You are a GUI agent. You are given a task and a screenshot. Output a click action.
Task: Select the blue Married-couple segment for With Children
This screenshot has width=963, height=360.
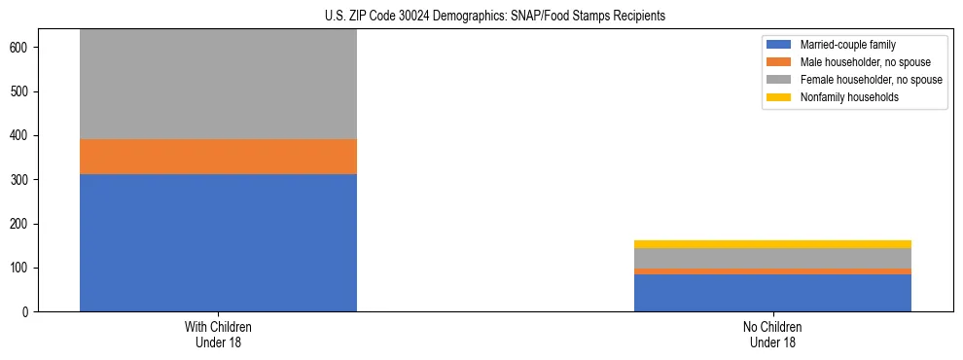218,242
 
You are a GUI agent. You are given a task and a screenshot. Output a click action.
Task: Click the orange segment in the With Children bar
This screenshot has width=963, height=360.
218,157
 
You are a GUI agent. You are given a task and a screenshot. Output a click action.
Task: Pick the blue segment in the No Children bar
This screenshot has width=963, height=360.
772,293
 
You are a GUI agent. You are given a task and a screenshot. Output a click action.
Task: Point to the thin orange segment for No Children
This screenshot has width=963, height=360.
772,271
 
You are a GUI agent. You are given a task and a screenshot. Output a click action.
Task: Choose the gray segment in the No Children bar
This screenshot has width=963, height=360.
772,258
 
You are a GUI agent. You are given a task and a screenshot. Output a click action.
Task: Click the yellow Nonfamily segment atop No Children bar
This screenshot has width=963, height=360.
772,244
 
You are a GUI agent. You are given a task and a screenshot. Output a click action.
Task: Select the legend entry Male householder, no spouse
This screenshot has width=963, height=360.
857,62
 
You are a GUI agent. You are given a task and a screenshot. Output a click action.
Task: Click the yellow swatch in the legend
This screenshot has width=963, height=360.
779,97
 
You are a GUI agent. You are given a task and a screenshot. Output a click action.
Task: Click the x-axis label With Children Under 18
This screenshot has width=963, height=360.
218,335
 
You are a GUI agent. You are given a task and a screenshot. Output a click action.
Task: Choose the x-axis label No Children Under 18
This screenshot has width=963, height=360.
772,335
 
